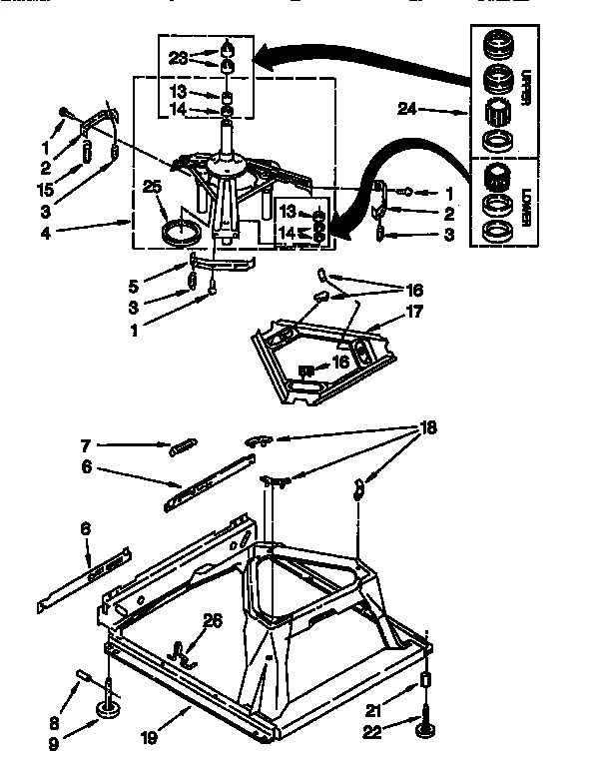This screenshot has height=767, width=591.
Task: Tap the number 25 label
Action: [153, 186]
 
